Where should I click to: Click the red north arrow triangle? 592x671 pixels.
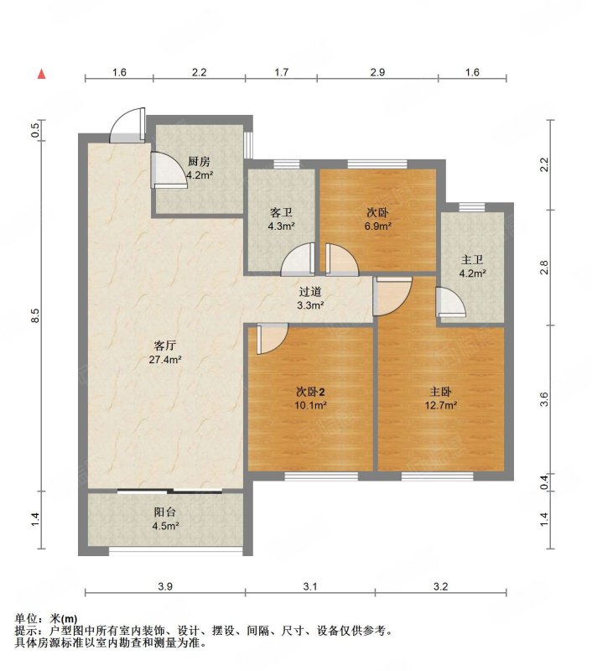pyautogui.click(x=41, y=74)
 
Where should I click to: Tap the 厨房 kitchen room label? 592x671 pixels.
pyautogui.click(x=200, y=162)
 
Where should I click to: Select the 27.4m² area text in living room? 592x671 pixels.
pyautogui.click(x=165, y=360)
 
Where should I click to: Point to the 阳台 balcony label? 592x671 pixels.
pyautogui.click(x=165, y=512)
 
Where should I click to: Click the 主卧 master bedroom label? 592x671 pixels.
pyautogui.click(x=440, y=392)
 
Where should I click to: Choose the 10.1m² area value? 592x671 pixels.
pyautogui.click(x=310, y=405)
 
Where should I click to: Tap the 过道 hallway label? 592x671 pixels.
pyautogui.click(x=310, y=292)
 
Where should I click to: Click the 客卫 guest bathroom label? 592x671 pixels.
pyautogui.click(x=281, y=213)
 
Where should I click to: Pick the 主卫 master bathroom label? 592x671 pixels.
pyautogui.click(x=472, y=260)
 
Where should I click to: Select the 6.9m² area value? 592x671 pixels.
pyautogui.click(x=377, y=226)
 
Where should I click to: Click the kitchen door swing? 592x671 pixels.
pyautogui.click(x=169, y=170)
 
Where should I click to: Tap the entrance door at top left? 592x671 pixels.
pyautogui.click(x=127, y=125)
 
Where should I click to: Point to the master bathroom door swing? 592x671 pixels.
pyautogui.click(x=450, y=302)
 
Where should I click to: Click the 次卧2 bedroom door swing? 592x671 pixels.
pyautogui.click(x=272, y=339)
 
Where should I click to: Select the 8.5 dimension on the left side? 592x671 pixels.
pyautogui.click(x=36, y=316)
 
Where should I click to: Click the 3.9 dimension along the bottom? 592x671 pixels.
pyautogui.click(x=165, y=586)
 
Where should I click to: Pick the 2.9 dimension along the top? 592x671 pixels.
pyautogui.click(x=377, y=72)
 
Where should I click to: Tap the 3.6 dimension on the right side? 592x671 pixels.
pyautogui.click(x=543, y=399)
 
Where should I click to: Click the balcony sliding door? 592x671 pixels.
pyautogui.click(x=170, y=492)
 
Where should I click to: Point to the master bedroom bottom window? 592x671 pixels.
pyautogui.click(x=437, y=476)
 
